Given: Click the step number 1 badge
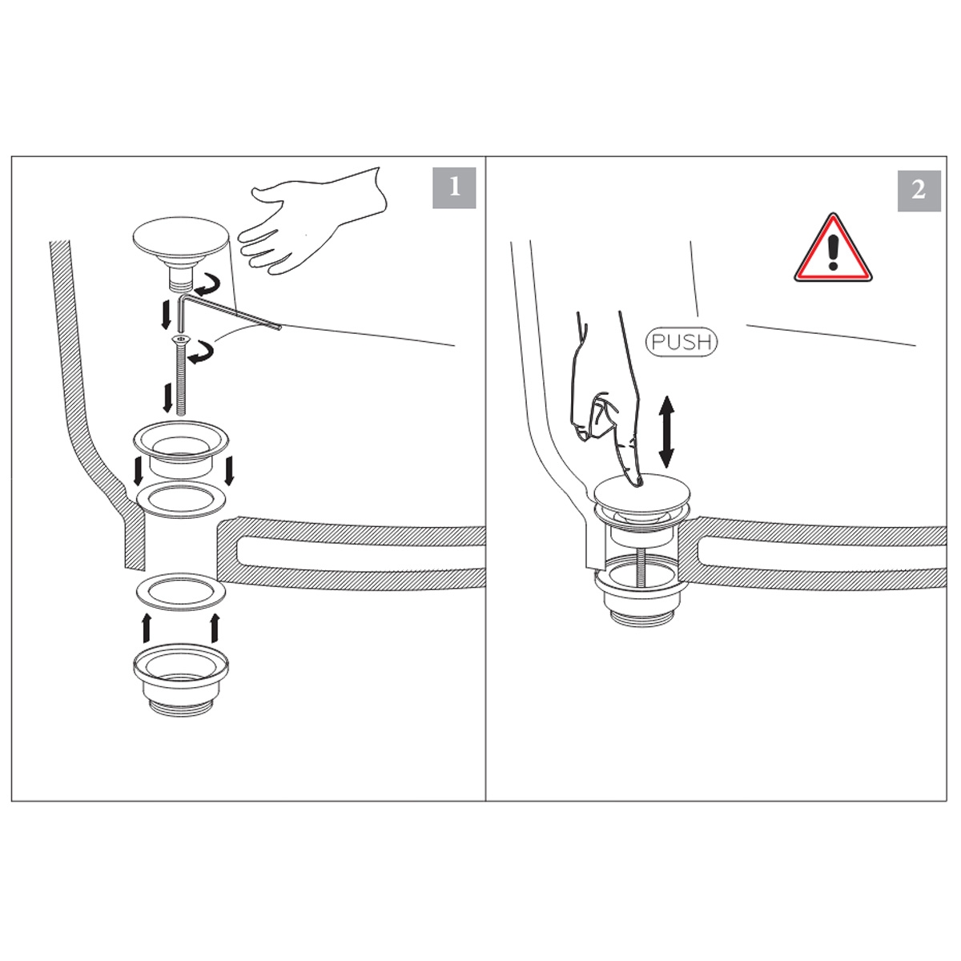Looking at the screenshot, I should tap(454, 187).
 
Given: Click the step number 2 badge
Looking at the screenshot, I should tap(919, 190).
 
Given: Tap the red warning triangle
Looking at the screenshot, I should tap(833, 251).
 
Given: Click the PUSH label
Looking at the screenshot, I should tap(682, 342).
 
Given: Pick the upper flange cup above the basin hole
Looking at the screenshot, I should tap(181, 444).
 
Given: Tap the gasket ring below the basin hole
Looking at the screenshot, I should tap(180, 591).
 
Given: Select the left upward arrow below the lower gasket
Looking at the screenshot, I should tap(146, 627).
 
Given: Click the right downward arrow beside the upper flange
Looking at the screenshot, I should tap(230, 470).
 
